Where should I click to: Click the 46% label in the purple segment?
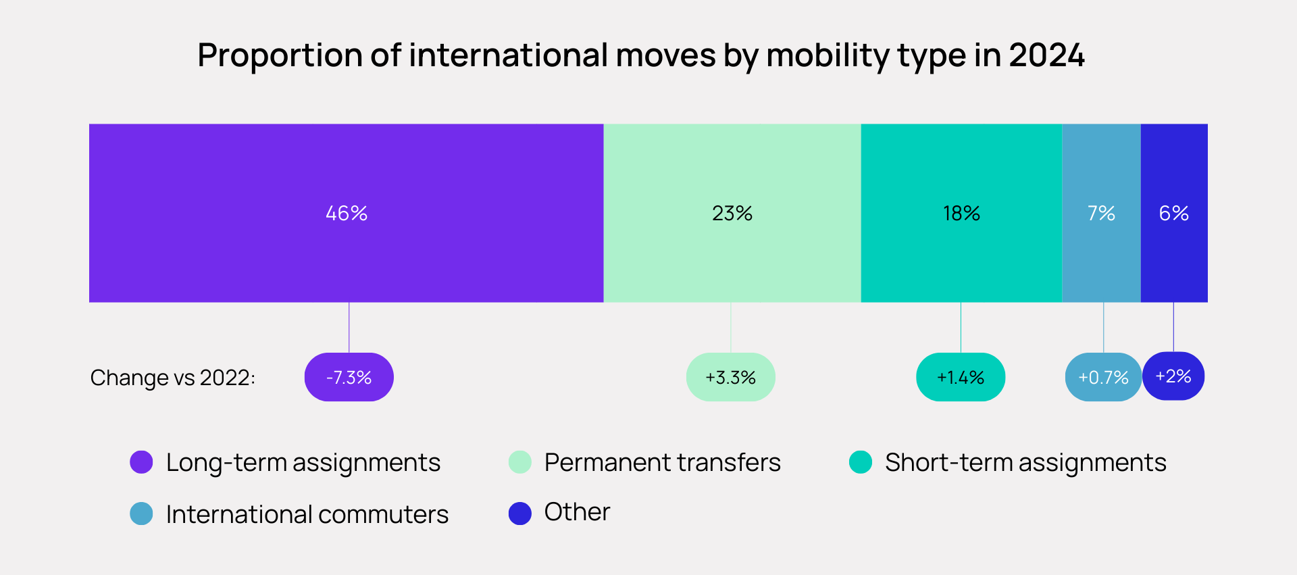pos(347,214)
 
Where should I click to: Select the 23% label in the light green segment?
pos(732,214)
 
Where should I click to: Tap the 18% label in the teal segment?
pos(961,214)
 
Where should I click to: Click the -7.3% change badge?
pos(349,377)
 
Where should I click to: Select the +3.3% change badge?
pos(730,377)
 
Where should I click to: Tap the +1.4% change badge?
pos(960,377)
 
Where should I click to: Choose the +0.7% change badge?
pos(1103,377)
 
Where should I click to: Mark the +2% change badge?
pos(1173,376)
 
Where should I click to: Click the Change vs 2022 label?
pos(173,378)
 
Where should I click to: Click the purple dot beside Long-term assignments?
pos(141,462)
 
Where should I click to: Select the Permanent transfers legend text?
pos(662,463)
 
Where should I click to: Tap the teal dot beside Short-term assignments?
pos(860,462)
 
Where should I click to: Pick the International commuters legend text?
pos(307,514)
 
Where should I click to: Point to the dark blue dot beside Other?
pos(519,514)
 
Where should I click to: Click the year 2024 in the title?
pos(1046,55)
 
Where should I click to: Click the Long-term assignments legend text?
pos(303,463)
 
